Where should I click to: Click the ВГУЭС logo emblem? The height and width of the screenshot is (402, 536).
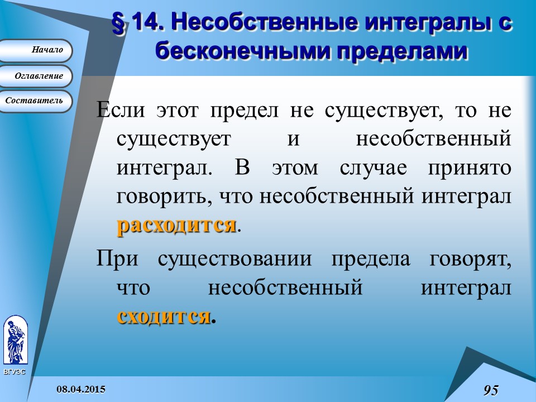point(15,340)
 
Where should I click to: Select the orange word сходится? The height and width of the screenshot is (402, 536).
point(164,316)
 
